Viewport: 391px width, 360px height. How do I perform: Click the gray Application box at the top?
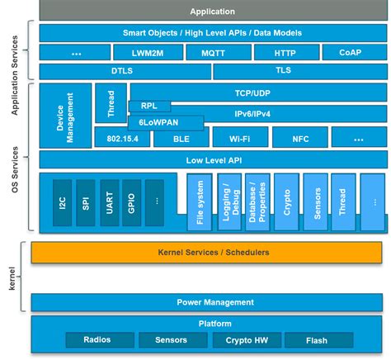pyautogui.click(x=211, y=12)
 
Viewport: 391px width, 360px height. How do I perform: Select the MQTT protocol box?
pyautogui.click(x=211, y=52)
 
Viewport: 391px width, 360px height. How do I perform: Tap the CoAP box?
pyautogui.click(x=350, y=52)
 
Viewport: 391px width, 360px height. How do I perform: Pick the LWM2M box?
pyautogui.click(x=144, y=52)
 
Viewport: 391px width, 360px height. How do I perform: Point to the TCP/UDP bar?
pyautogui.click(x=258, y=92)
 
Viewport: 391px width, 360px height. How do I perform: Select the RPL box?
pyautogui.click(x=149, y=106)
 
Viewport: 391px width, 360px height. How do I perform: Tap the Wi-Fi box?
pyautogui.click(x=238, y=139)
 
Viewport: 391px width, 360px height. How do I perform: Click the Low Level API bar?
pyautogui.click(x=211, y=159)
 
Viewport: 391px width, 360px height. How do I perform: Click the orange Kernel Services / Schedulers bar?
pyautogui.click(x=211, y=251)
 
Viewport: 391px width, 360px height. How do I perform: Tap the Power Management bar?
pyautogui.click(x=211, y=301)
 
